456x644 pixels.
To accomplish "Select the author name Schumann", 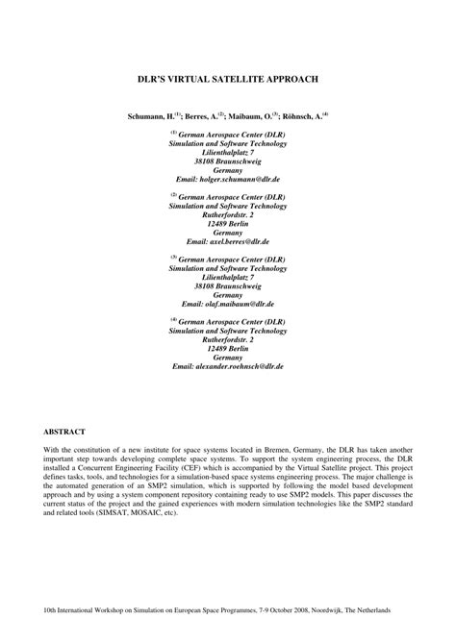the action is pos(148,115).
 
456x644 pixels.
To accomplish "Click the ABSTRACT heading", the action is pos(64,432).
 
